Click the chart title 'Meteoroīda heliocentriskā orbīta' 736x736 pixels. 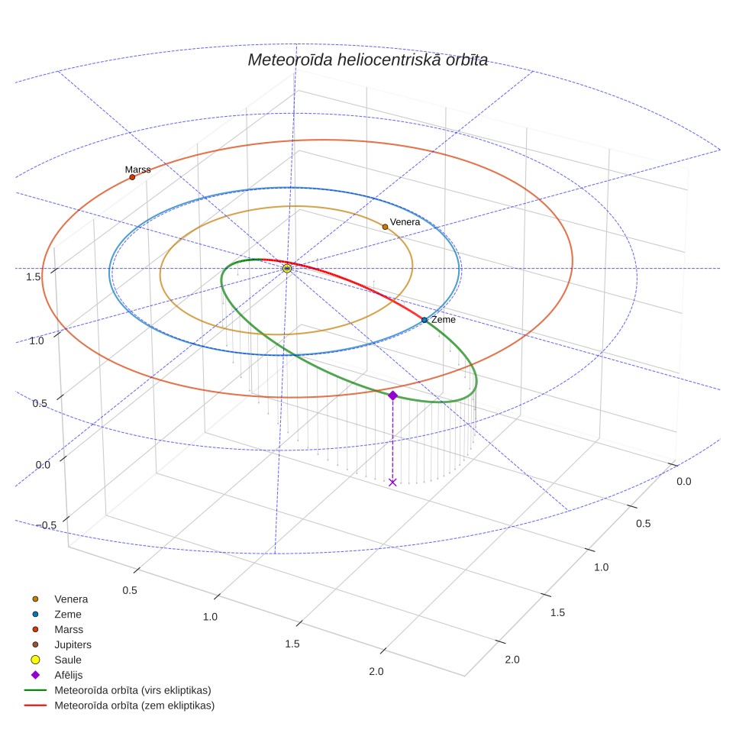367,60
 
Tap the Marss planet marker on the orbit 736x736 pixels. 132,177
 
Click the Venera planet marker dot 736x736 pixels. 385,227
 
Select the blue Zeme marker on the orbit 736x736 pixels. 424,320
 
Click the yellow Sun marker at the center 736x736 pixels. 287,269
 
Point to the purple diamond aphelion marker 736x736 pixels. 393,395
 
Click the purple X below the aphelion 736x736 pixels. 393,482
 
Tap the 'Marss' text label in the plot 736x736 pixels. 138,169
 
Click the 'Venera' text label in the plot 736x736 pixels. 405,222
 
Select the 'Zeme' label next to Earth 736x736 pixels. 444,320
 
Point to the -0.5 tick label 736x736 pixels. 47,525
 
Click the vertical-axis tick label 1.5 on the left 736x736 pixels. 34,277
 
